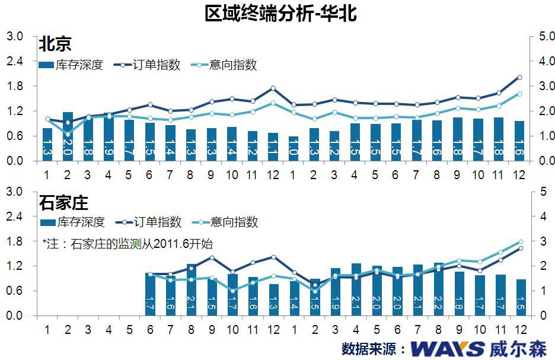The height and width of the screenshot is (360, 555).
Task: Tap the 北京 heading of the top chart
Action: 55,44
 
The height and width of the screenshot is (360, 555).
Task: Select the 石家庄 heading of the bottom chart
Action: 63,203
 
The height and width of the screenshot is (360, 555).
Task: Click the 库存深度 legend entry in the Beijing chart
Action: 71,65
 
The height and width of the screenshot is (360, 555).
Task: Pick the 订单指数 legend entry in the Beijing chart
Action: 148,65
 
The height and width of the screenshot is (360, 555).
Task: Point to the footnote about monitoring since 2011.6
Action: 127,243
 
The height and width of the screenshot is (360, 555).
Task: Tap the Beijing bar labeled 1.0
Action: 294,149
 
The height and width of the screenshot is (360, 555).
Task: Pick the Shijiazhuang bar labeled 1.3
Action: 273,300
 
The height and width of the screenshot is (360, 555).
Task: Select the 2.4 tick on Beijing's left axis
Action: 14,62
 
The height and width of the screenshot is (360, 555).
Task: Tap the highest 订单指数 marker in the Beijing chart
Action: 519,77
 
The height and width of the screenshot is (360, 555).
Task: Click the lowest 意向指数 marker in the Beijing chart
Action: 68,134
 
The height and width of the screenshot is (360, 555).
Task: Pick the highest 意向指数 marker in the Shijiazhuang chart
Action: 519,242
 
